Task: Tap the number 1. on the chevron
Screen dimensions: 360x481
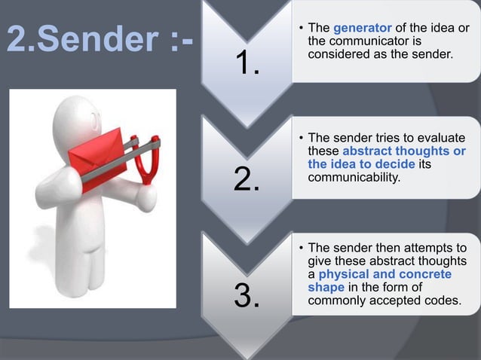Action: click(x=247, y=66)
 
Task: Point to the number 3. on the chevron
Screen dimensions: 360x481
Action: click(x=247, y=295)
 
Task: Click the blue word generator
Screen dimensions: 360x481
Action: click(x=360, y=29)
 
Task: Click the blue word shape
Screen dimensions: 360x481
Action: click(x=327, y=287)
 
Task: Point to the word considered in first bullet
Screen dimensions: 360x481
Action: click(x=339, y=53)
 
